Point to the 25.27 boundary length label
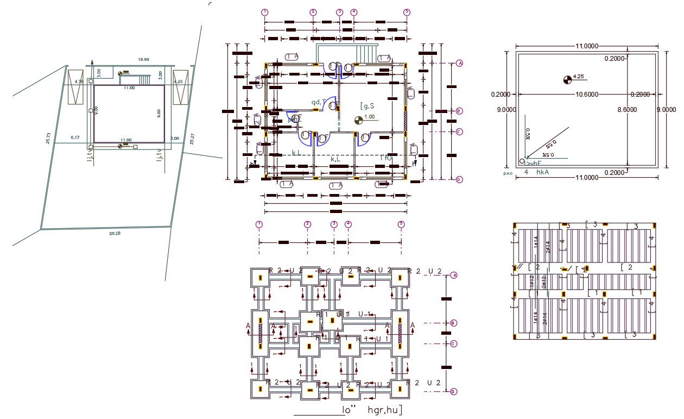tap(192, 138)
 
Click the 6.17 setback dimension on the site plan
tap(75, 138)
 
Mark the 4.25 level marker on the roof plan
tap(578, 76)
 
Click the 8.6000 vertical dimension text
tap(628, 109)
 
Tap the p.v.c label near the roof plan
tap(508, 173)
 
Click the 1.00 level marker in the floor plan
tap(369, 117)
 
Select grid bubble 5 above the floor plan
tap(407, 12)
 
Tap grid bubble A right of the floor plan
tap(459, 63)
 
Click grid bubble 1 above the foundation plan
tap(259, 224)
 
